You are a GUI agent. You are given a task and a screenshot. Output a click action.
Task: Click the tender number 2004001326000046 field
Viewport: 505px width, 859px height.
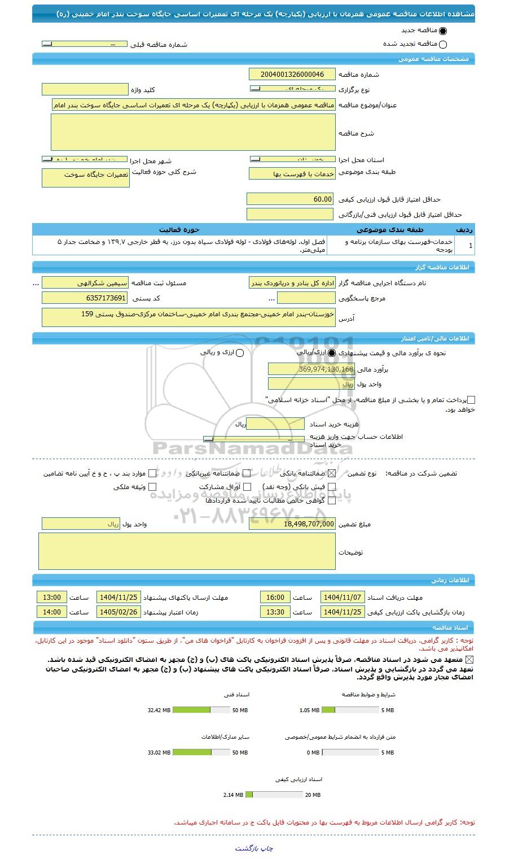point(292,74)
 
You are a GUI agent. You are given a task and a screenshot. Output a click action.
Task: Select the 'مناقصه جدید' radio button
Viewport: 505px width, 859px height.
point(442,31)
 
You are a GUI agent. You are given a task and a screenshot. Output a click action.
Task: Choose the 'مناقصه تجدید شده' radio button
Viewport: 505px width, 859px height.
point(442,45)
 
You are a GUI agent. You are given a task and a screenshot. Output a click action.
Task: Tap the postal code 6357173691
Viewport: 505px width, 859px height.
point(85,298)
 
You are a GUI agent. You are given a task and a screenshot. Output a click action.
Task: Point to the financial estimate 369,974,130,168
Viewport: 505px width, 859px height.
point(311,369)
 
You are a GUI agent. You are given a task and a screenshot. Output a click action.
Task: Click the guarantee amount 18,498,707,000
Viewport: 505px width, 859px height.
point(292,524)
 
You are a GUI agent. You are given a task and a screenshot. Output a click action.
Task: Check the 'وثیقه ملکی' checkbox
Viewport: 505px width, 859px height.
point(152,487)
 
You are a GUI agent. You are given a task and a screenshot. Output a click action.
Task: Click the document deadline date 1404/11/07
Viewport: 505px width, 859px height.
point(342,598)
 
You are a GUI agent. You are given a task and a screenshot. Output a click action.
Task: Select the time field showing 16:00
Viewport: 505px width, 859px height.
point(275,598)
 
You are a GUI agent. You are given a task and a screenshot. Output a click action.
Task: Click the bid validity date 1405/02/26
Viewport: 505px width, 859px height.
point(118,612)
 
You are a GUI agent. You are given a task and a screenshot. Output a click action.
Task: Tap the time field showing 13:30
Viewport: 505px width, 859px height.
point(275,612)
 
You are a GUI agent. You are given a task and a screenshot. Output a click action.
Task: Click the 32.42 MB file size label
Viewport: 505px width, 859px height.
point(159,710)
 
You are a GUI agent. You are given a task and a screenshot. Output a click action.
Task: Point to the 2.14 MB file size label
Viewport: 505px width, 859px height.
point(233,795)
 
